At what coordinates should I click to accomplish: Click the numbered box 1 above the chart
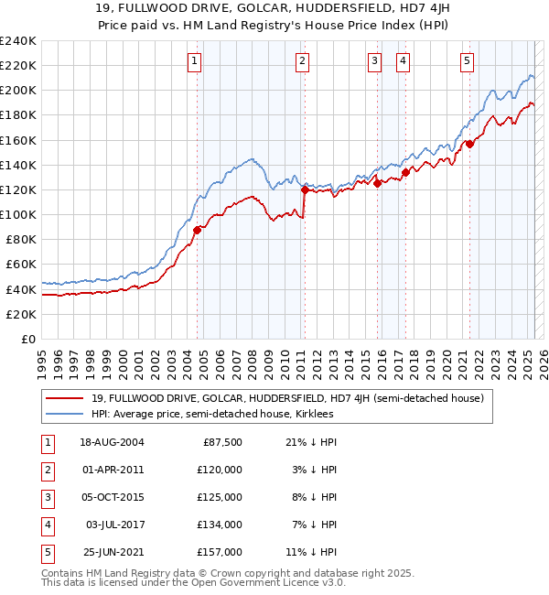click(196, 61)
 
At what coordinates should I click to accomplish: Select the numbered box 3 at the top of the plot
click(375, 61)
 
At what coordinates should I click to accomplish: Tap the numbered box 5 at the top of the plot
click(467, 61)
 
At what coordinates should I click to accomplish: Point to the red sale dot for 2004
click(197, 230)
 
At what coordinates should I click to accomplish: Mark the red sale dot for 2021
click(469, 144)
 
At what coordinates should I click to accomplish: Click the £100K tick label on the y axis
click(17, 214)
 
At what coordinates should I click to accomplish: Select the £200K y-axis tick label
click(17, 91)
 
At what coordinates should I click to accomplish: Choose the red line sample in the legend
click(64, 398)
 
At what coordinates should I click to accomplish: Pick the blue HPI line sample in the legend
click(64, 414)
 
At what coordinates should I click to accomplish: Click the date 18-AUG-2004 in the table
click(112, 442)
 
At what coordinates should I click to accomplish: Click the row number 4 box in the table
click(46, 525)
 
